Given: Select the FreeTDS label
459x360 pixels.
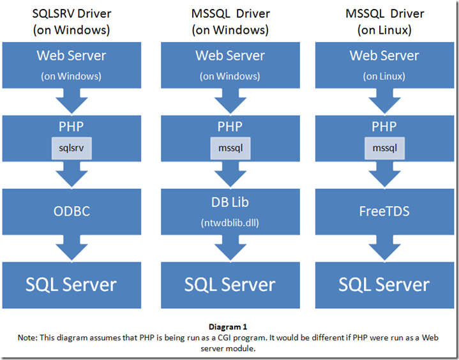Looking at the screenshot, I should (384, 210).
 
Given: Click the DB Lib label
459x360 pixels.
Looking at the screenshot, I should (230, 202).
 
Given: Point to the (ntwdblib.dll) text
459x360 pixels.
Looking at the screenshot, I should (230, 223).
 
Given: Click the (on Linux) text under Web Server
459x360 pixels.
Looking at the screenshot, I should (384, 76).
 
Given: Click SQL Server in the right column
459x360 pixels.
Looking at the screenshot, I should (384, 285).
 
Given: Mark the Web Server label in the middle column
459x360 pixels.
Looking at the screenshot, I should (230, 56).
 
